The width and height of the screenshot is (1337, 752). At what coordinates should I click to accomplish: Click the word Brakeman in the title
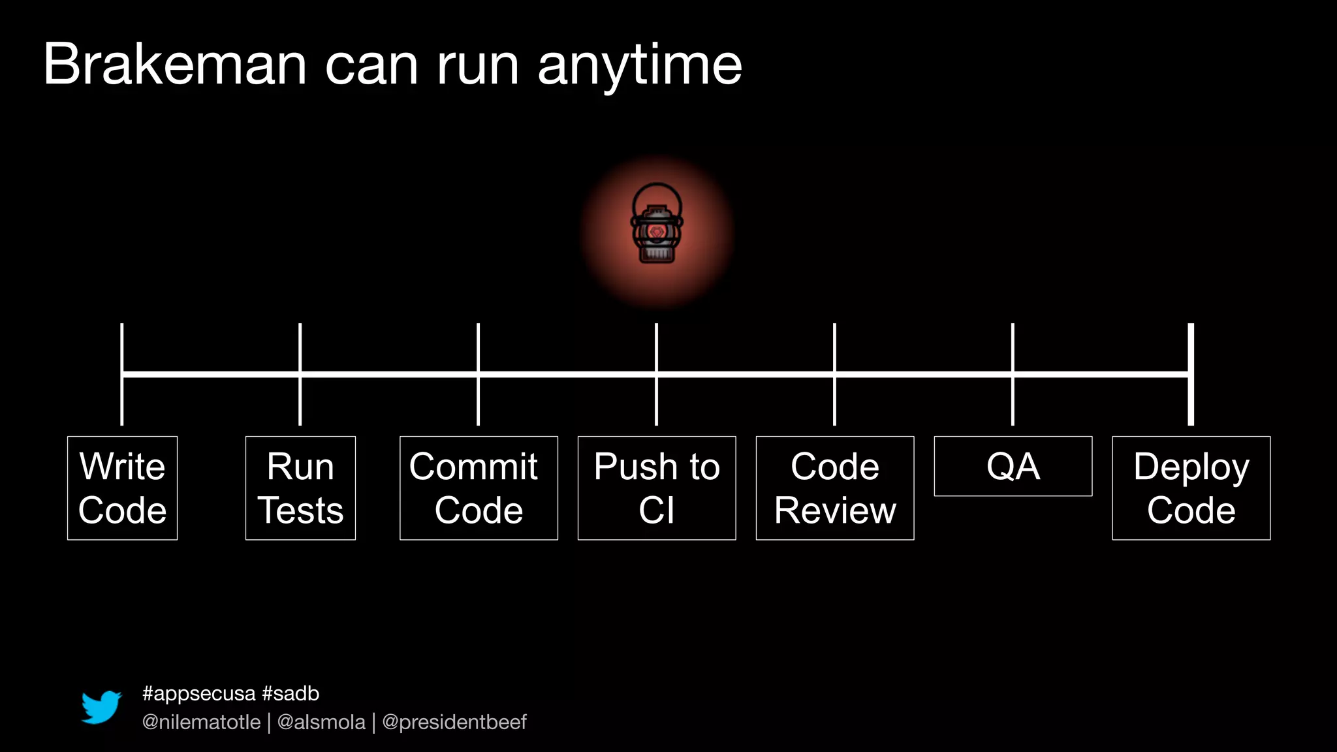pos(175,64)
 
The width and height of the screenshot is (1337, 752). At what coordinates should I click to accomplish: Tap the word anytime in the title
pos(640,65)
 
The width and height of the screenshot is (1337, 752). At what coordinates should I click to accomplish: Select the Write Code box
pos(122,488)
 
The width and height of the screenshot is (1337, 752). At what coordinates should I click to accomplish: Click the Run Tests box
pos(300,488)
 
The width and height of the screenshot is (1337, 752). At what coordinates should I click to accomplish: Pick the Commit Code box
pos(479,488)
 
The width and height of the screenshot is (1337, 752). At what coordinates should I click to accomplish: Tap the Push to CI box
pos(657,488)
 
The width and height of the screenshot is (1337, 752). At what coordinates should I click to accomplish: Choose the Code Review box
pos(835,488)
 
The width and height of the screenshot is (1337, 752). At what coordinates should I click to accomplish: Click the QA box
pos(1013,466)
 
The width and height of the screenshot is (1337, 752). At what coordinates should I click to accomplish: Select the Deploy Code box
pos(1191,488)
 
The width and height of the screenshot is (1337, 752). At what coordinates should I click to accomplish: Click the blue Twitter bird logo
pos(101,707)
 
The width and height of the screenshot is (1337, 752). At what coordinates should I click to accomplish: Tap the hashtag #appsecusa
pos(199,693)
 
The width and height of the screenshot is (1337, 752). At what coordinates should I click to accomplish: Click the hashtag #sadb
pos(291,693)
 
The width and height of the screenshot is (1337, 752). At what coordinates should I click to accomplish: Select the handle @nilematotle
pos(201,722)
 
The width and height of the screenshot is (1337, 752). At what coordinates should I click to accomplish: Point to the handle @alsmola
pos(321,722)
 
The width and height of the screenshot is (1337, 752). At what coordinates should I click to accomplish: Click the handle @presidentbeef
pos(454,722)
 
